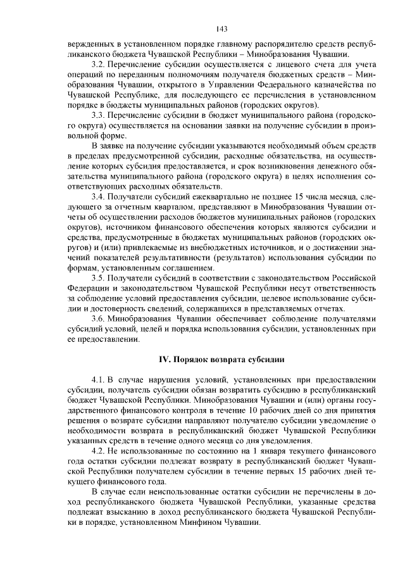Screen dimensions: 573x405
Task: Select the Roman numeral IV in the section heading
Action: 163,360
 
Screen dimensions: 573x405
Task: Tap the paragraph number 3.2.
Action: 98,65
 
